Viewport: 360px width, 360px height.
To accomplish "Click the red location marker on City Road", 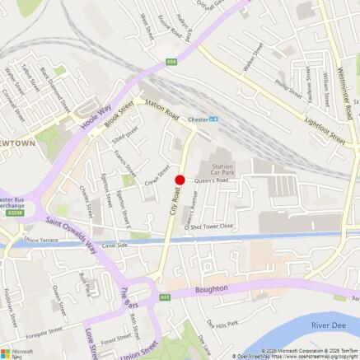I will coord(180,180).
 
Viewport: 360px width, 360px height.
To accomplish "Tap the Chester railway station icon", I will coord(213,119).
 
